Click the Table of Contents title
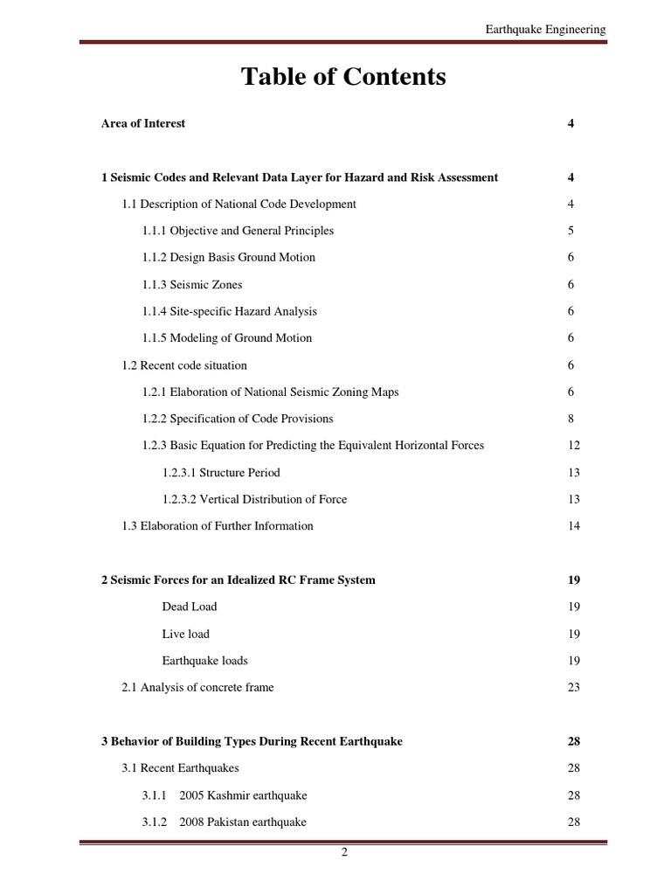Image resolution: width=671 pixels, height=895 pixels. pos(343,77)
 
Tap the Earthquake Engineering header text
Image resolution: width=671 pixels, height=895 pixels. pos(545,30)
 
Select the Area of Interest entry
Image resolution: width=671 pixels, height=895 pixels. pos(143,123)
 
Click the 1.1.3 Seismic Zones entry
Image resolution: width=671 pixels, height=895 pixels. pos(192,284)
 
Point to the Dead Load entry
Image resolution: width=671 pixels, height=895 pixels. pos(190,607)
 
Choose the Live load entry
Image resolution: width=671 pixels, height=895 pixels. pos(185,634)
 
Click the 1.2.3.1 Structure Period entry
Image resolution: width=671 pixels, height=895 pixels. pos(221,472)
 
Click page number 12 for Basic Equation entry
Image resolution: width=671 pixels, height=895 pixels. pos(573,445)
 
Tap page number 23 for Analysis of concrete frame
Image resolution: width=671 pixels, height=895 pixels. pos(573,687)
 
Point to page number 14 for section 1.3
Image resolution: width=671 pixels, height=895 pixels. pos(573,526)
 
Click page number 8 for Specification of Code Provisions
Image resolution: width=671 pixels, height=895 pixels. pos(571,419)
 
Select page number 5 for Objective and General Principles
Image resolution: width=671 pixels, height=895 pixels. pos(571,231)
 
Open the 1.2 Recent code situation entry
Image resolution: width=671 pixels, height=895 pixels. pos(184,364)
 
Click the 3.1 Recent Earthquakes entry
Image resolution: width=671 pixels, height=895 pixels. pos(180,768)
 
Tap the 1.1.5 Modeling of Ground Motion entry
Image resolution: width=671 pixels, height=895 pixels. pos(227,338)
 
